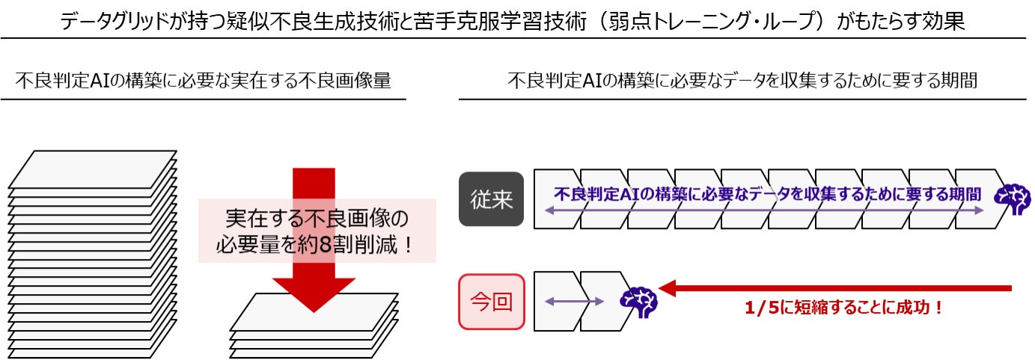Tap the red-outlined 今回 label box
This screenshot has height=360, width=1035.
click(x=492, y=302)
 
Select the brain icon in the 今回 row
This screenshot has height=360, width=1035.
click(x=638, y=301)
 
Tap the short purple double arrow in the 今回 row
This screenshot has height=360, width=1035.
click(x=574, y=302)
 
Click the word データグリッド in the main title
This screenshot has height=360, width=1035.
click(x=113, y=21)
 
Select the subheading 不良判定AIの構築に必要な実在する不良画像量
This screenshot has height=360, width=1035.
click(x=203, y=80)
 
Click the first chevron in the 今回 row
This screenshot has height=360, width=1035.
click(x=557, y=302)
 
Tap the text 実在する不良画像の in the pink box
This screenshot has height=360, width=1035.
click(x=317, y=219)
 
